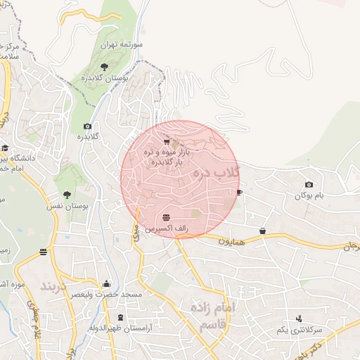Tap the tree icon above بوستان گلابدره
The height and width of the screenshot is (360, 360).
pyautogui.click(x=104, y=66)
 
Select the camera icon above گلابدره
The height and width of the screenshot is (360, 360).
pyautogui.click(x=87, y=126)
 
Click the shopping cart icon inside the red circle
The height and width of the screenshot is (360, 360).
pyautogui.click(x=167, y=141)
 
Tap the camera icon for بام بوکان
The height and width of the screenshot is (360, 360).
pyautogui.click(x=309, y=185)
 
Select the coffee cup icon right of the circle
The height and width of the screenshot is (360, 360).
pyautogui.click(x=239, y=192)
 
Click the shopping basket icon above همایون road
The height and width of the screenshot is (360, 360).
pyautogui.click(x=262, y=231)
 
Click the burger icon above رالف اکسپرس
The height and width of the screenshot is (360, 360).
pyautogui.click(x=166, y=217)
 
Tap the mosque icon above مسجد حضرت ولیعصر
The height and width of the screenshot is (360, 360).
pyautogui.click(x=106, y=284)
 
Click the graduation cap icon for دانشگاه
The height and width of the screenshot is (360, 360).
pyautogui.click(x=5, y=148)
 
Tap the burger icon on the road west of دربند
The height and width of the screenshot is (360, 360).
pyautogui.click(x=44, y=252)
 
